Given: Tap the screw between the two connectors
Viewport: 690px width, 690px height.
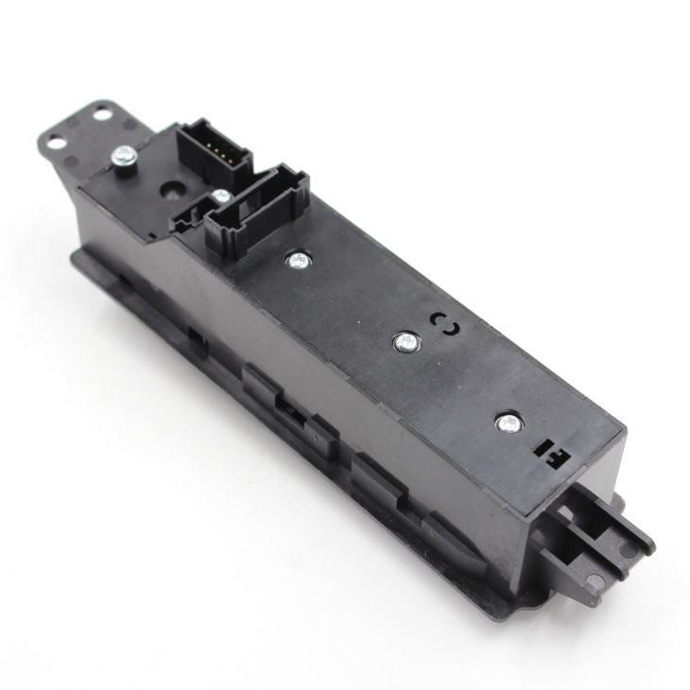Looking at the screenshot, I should click(219, 196).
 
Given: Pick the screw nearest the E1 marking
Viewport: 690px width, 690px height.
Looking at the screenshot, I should click(509, 423).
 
